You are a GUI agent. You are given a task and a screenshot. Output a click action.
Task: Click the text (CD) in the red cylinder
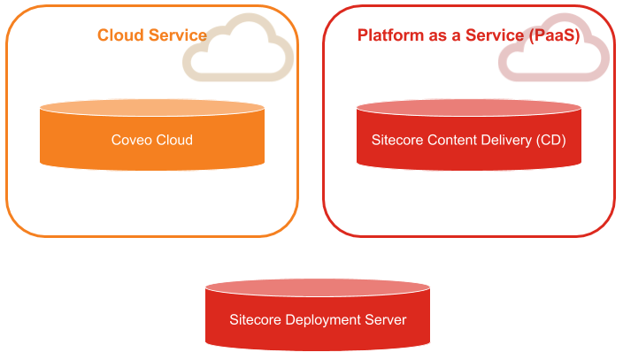click(x=550, y=140)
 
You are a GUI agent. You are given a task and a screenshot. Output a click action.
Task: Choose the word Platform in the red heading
click(x=387, y=35)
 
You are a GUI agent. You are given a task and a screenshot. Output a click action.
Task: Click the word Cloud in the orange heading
click(x=119, y=35)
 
